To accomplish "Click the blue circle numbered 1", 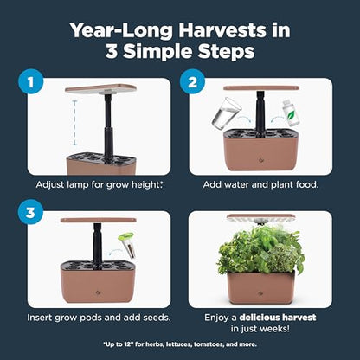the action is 30,82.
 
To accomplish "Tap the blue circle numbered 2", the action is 192,82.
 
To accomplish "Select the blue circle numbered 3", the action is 30,213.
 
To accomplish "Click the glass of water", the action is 227,112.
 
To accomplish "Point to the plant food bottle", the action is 291,113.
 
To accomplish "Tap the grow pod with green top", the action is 127,245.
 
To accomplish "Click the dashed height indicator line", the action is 74,123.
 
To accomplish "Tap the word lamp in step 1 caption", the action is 78,184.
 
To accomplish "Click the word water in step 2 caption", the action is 236,184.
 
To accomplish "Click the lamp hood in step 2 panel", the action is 261,88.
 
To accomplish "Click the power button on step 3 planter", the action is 97,292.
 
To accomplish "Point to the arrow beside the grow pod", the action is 115,252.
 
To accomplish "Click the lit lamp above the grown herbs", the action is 261,218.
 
